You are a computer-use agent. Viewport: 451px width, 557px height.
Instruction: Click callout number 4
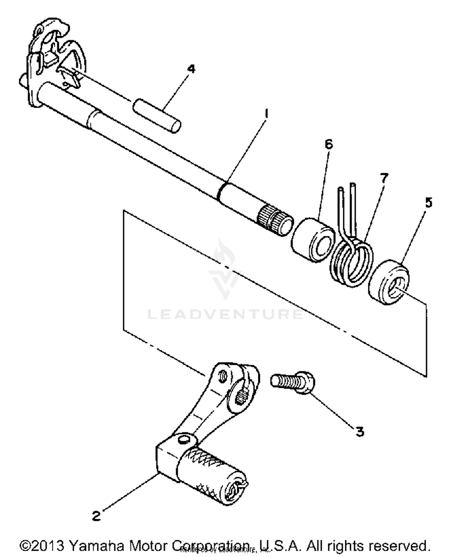[191, 69]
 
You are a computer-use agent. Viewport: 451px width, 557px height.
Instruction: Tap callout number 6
[329, 144]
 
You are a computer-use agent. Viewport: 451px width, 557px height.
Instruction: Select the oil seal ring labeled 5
[388, 282]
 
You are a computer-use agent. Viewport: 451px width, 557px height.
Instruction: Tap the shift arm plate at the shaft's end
[54, 60]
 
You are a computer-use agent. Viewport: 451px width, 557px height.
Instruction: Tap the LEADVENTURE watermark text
[226, 314]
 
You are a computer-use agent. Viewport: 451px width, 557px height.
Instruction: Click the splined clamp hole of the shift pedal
[241, 396]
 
